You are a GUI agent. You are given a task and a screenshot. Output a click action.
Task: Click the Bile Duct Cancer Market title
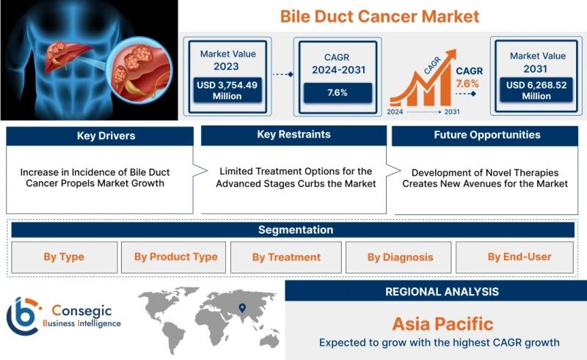click(379, 16)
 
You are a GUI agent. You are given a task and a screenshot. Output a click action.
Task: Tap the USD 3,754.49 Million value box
click(227, 90)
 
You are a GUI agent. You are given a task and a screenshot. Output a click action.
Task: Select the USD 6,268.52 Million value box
click(536, 90)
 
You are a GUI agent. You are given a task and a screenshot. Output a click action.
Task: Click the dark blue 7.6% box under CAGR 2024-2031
click(338, 93)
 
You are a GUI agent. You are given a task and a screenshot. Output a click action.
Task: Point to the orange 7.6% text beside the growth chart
click(467, 84)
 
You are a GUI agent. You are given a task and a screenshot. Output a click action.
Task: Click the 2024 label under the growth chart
click(395, 112)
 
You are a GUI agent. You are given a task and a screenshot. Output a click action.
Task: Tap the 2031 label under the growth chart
click(452, 112)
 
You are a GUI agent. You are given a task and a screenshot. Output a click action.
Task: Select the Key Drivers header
click(100, 136)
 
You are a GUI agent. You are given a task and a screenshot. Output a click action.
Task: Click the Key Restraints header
click(294, 135)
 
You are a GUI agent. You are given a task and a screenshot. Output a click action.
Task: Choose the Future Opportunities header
click(485, 135)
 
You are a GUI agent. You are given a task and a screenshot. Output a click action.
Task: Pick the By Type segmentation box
click(65, 257)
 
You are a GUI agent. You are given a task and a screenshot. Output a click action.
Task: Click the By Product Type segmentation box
click(173, 257)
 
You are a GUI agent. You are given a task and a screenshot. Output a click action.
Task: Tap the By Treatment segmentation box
click(286, 257)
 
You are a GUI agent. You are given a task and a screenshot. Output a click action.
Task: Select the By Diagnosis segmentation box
click(398, 257)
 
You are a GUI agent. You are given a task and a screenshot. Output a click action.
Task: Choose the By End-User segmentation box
click(515, 257)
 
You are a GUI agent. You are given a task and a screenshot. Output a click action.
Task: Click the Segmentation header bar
click(293, 229)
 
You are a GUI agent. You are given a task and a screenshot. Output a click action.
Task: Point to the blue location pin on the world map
click(242, 308)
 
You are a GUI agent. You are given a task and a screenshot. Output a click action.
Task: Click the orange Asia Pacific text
click(442, 324)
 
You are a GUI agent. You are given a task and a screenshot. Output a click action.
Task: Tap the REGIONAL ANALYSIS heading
click(442, 292)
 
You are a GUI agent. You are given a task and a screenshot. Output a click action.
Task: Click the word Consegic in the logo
click(81, 310)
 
